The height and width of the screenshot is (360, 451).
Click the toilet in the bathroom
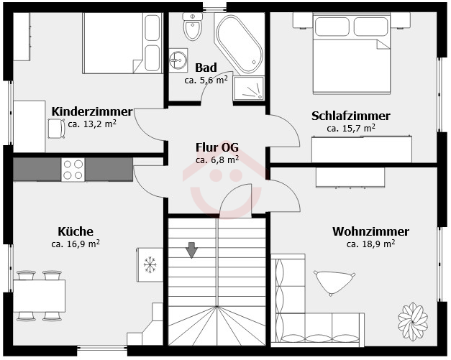[193, 27]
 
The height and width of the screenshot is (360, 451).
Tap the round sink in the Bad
[178, 60]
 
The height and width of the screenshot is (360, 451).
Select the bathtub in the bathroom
[240, 43]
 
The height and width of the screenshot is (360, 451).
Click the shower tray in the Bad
[249, 88]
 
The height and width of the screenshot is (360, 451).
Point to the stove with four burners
[73, 170]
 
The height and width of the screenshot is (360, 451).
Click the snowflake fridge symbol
[150, 264]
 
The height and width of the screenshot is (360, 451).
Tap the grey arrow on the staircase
[191, 249]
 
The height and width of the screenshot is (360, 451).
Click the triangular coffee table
[334, 282]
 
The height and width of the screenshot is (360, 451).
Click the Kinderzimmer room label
[92, 112]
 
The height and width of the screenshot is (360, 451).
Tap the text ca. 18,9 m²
[370, 244]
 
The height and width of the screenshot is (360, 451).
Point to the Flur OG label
[217, 147]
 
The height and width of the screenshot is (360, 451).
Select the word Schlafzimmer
[351, 116]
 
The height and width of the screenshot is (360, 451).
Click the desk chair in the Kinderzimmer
[56, 129]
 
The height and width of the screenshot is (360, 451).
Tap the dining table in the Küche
[39, 295]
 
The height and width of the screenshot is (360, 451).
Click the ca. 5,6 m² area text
[206, 80]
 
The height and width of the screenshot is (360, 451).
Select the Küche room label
[76, 231]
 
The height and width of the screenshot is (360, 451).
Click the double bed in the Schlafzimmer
[352, 54]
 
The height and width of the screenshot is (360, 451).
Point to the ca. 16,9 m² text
[76, 244]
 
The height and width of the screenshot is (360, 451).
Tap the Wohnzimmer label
[370, 231]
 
